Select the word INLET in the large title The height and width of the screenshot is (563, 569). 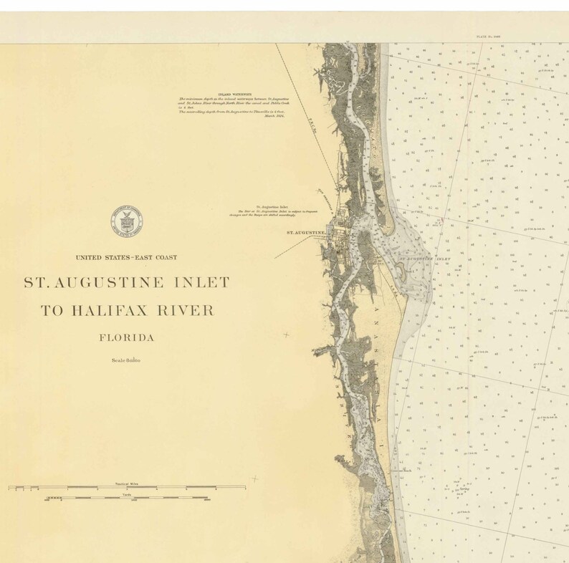pyautogui.click(x=199, y=282)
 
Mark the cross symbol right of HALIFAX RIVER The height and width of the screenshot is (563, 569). pyautogui.click(x=287, y=335)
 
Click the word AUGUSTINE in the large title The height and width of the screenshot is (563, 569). pyautogui.click(x=117, y=282)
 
